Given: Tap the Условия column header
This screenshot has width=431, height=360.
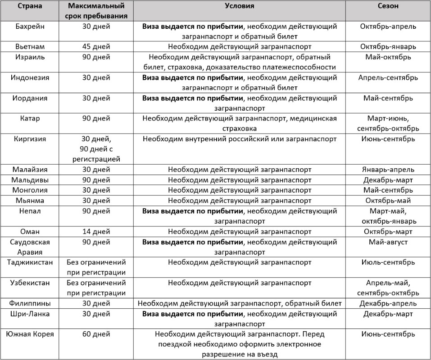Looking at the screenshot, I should coord(240,6).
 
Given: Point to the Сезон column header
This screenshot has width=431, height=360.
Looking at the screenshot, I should coord(388,6).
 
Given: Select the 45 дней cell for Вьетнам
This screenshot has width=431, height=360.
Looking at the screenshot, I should coord(96,47).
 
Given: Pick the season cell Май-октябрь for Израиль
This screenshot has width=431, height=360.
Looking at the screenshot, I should coord(388,57).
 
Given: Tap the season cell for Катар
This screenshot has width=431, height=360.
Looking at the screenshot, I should coord(388,123).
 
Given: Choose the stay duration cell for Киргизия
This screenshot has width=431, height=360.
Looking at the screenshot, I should coord(96,149).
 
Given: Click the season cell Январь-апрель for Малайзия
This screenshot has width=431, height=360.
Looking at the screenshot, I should coord(388,170).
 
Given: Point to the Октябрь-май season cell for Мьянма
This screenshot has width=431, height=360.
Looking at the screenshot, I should coord(388,201).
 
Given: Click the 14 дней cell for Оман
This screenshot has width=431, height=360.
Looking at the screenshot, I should coord(96,232).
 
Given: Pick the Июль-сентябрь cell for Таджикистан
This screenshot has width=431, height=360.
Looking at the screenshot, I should coord(388,262).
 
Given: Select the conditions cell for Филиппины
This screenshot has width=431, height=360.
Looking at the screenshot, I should coord(240,304).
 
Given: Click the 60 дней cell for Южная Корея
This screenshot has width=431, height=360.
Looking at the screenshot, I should coord(96,334).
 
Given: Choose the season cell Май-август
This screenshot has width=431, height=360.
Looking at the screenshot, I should coord(388,242).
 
